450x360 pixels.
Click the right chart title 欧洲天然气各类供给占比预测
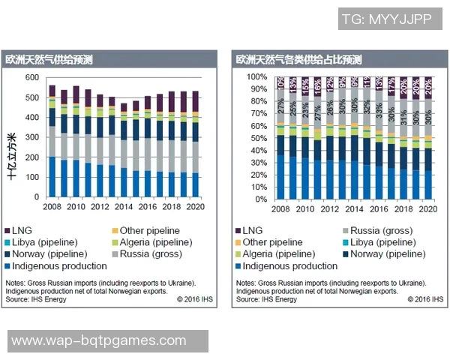pyautogui.click(x=298, y=59)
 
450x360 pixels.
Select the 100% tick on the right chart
pyautogui.click(x=256, y=77)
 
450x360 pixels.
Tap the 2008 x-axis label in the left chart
pyautogui.click(x=52, y=206)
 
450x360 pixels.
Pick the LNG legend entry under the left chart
pyautogui.click(x=22, y=231)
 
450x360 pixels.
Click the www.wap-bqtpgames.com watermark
pyautogui.click(x=98, y=341)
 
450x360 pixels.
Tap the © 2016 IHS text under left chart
pyautogui.click(x=196, y=298)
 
